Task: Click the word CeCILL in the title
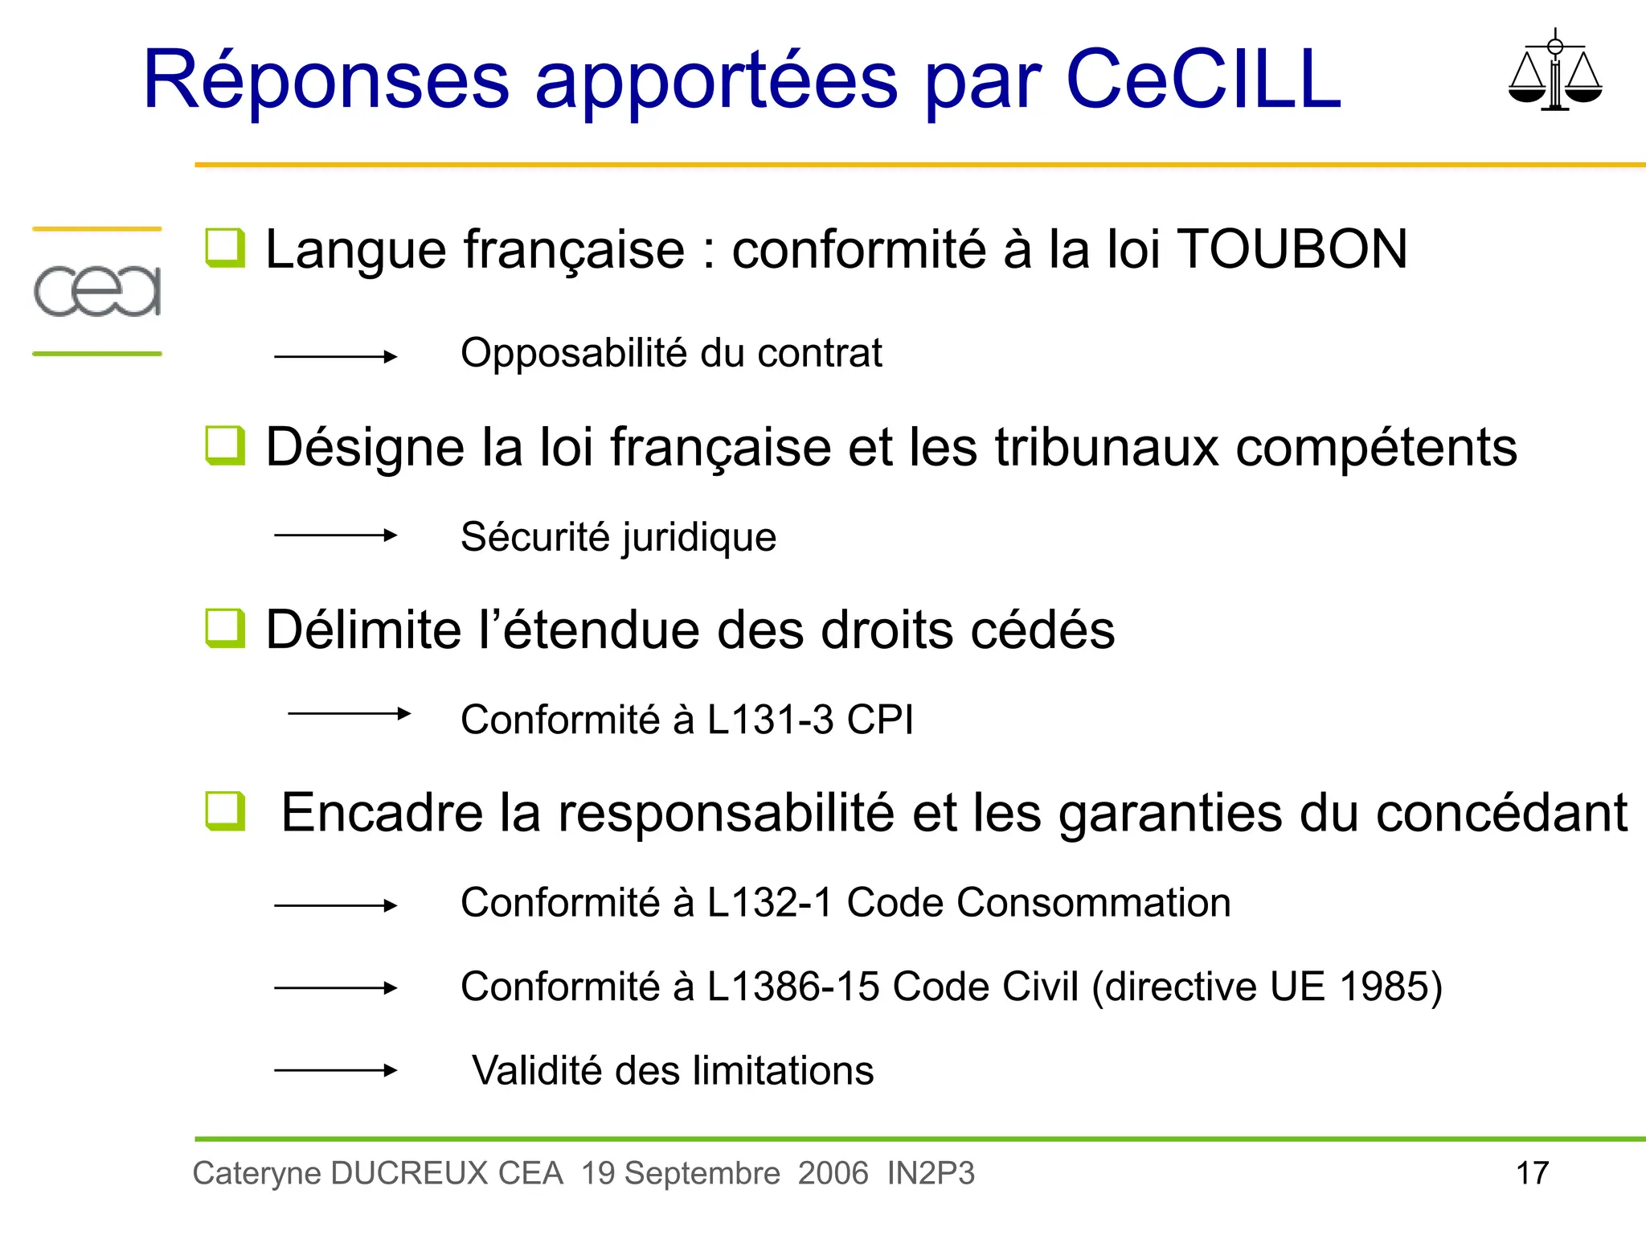1203,79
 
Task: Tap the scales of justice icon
1554,71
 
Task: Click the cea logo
97,290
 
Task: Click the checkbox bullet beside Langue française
224,248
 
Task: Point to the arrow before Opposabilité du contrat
335,356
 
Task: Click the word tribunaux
1106,447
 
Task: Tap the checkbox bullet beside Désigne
224,445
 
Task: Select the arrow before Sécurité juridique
335,535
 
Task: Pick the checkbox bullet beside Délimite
224,628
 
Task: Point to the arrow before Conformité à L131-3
349,713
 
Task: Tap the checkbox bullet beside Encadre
224,810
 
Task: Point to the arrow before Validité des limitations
335,1069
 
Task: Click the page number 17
1532,1173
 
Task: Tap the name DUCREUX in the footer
409,1173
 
